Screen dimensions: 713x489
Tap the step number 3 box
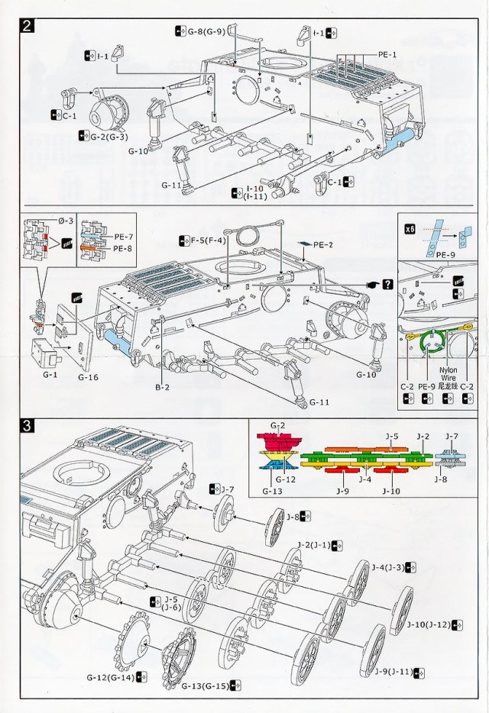[x=28, y=426]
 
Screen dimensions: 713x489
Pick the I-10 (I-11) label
[x=256, y=192]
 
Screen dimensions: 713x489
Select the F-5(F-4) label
[x=206, y=240]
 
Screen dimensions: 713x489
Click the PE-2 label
[x=323, y=244]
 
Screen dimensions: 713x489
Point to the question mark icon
[x=388, y=285]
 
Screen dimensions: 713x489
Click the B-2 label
[x=162, y=387]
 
